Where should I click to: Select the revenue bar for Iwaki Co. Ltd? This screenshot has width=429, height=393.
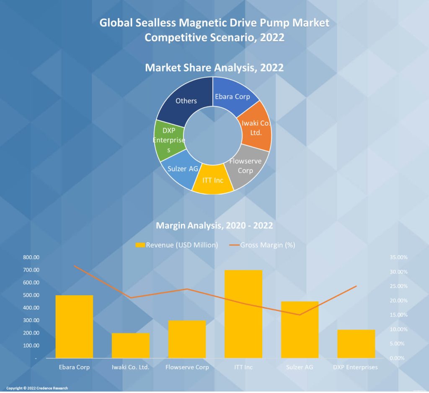coord(131,346)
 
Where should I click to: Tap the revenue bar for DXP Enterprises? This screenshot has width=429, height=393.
coord(356,344)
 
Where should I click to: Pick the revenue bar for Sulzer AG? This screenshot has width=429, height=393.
coord(300,330)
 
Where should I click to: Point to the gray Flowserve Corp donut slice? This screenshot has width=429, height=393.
coord(246,165)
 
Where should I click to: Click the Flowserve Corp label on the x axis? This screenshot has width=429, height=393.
coord(187,367)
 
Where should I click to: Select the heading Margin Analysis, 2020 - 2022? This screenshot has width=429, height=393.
coord(214,226)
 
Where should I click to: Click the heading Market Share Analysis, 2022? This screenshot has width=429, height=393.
coord(214,67)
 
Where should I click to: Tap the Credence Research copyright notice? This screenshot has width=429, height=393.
coord(37,388)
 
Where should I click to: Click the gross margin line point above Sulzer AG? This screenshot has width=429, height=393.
coord(300,315)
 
